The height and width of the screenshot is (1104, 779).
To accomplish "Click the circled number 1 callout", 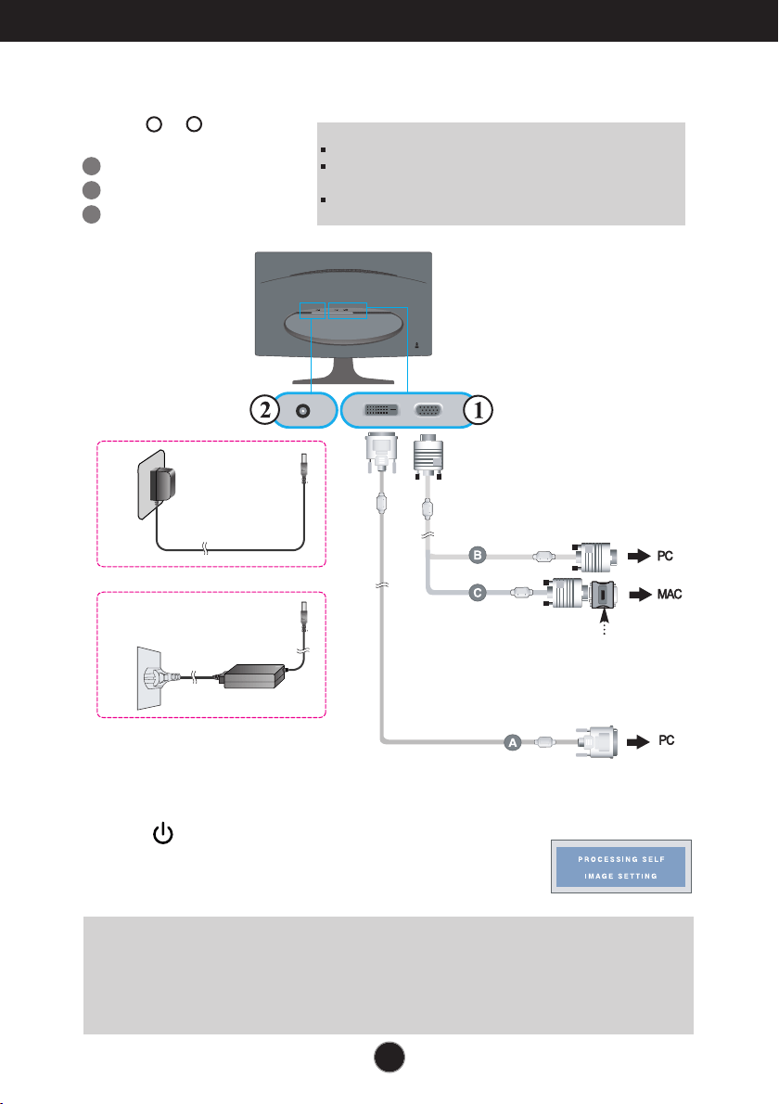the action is click(x=478, y=409).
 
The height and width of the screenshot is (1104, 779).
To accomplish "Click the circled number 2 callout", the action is click(x=265, y=409).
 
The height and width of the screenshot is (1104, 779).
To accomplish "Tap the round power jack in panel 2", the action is click(x=303, y=410).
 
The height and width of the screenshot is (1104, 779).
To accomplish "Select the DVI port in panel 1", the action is click(x=381, y=410).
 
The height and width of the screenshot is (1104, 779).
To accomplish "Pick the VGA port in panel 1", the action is click(x=428, y=410).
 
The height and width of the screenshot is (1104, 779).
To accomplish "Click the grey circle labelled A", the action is click(x=513, y=742).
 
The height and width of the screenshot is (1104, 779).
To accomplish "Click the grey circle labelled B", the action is click(x=478, y=556).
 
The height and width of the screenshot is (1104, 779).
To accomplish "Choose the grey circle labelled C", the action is click(x=478, y=593).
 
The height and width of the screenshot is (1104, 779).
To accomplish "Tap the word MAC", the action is click(x=670, y=595).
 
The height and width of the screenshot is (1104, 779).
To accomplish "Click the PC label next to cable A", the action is click(x=667, y=740).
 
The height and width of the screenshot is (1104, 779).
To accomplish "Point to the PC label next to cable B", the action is click(x=665, y=557).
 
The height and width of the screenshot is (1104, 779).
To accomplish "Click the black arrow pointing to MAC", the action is click(x=640, y=595).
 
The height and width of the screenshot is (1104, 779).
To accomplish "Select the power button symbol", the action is click(x=163, y=834).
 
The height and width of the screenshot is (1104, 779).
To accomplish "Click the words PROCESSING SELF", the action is click(x=621, y=860).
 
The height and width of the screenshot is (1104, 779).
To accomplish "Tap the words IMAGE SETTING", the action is click(x=620, y=877).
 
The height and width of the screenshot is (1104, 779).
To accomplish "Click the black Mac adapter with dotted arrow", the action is click(x=603, y=595).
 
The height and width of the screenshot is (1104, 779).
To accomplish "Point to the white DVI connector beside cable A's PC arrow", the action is click(x=596, y=742).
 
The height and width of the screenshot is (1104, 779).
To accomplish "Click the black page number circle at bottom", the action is click(x=389, y=1057).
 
